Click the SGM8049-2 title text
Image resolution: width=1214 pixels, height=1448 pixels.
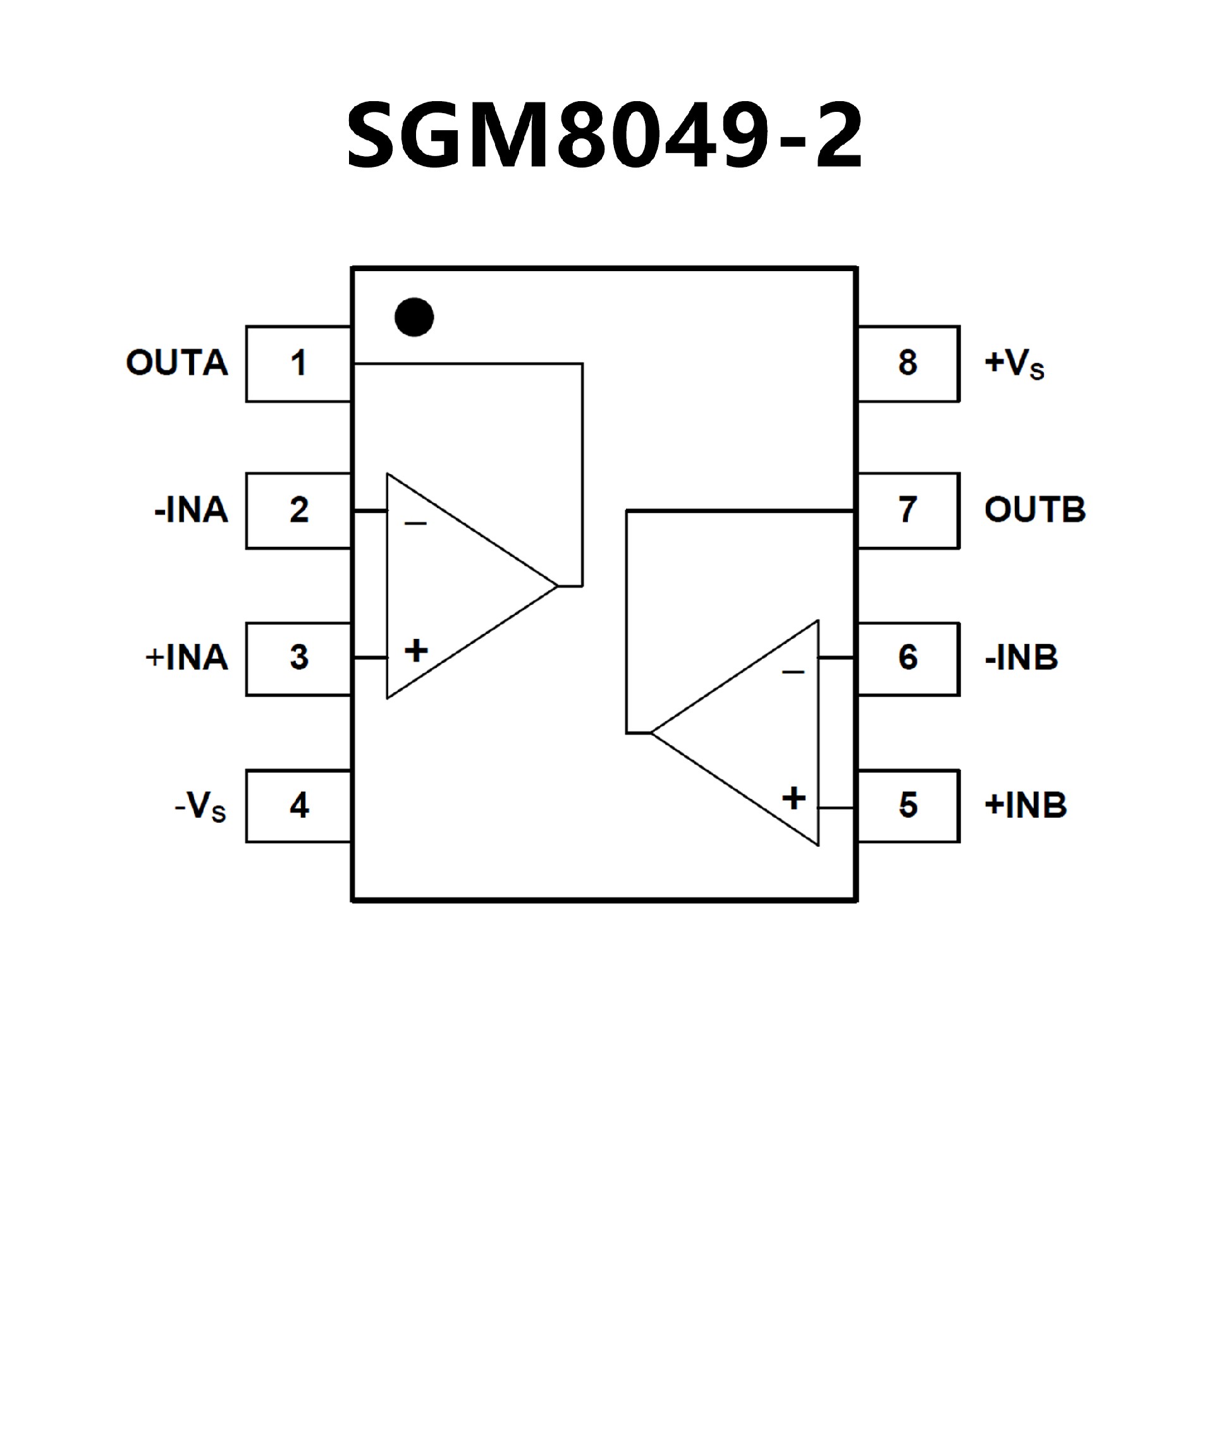click(x=604, y=135)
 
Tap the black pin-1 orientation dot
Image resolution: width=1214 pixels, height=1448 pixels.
click(x=414, y=317)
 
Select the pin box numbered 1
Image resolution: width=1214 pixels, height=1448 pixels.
click(x=298, y=363)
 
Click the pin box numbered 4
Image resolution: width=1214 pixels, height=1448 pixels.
click(x=298, y=805)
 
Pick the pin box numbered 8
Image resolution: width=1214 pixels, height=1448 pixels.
click(x=909, y=363)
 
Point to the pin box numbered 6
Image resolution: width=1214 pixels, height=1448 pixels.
click(x=909, y=659)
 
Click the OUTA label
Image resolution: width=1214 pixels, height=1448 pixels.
click(x=176, y=363)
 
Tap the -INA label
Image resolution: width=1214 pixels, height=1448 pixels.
click(x=191, y=510)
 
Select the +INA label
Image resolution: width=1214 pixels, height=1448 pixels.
click(x=187, y=658)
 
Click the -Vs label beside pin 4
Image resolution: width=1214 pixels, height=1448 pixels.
click(x=200, y=805)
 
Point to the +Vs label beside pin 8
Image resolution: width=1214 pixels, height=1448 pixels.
click(x=1014, y=363)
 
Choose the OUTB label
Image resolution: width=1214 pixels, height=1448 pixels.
click(x=1034, y=510)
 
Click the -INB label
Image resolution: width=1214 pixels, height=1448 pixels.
click(x=1021, y=658)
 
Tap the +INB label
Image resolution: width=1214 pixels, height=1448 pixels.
click(x=1026, y=805)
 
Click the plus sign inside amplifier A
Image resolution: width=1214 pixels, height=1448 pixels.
click(x=416, y=650)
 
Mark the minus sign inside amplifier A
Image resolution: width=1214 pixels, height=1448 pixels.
click(x=415, y=524)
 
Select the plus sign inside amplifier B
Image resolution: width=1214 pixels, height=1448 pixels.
click(x=794, y=798)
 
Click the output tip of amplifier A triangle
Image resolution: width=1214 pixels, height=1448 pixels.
click(x=556, y=586)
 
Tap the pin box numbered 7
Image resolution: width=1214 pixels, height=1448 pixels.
click(x=909, y=510)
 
